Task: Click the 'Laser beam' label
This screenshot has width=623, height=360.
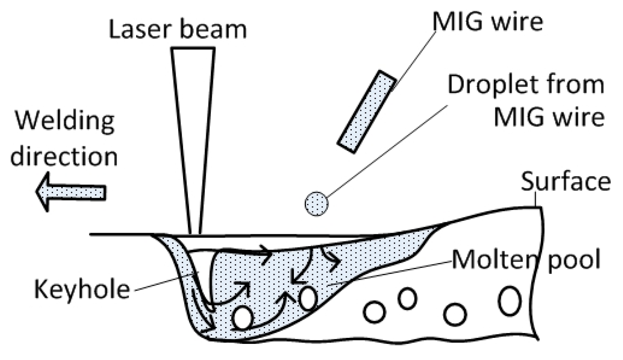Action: click(x=178, y=30)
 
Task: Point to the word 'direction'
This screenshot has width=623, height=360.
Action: click(x=64, y=156)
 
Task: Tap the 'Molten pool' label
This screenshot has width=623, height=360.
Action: click(x=526, y=260)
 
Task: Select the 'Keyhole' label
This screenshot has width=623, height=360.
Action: click(x=82, y=289)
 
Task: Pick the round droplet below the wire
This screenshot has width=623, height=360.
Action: click(x=316, y=203)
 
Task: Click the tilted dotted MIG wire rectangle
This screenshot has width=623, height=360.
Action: click(x=367, y=112)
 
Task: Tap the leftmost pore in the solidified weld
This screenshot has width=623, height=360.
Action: click(x=374, y=311)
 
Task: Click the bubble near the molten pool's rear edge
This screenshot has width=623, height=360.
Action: click(x=307, y=299)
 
